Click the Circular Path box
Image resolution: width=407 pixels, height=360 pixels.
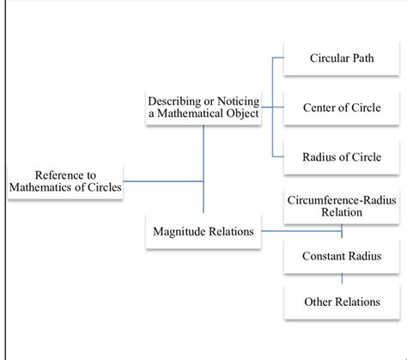click(342, 58)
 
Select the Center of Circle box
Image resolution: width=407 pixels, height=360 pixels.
click(342, 107)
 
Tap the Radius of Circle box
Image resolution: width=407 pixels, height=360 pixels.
click(342, 156)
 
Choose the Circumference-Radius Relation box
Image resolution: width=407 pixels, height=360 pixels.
click(342, 206)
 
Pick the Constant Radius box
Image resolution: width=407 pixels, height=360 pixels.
click(342, 256)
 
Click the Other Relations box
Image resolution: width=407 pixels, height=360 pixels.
click(342, 302)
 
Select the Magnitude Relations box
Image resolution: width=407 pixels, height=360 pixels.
click(203, 231)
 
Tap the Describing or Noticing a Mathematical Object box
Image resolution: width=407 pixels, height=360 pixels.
click(203, 107)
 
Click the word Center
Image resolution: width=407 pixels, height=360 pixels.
click(320, 107)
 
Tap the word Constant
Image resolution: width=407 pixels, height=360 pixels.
click(324, 256)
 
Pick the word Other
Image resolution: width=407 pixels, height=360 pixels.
click(319, 302)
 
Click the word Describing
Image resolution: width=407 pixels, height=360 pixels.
click(174, 101)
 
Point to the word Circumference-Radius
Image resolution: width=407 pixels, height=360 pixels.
click(342, 200)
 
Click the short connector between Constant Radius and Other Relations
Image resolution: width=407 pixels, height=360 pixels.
click(343, 278)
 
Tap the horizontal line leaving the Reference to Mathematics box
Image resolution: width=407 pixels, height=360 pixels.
click(163, 181)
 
